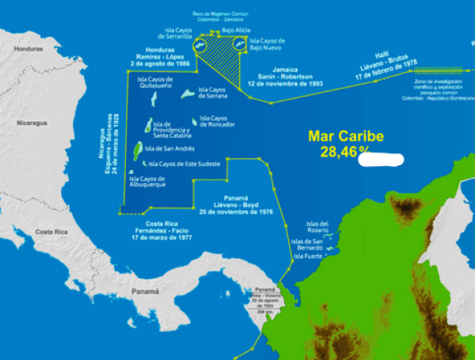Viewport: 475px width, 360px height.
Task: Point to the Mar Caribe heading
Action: (x=346, y=136)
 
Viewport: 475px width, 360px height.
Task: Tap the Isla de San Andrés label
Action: (x=169, y=148)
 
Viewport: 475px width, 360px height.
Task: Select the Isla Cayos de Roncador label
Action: (x=216, y=120)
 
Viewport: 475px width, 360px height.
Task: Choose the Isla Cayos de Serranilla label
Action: (x=167, y=33)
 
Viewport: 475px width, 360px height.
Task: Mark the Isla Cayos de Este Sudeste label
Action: (x=183, y=164)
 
